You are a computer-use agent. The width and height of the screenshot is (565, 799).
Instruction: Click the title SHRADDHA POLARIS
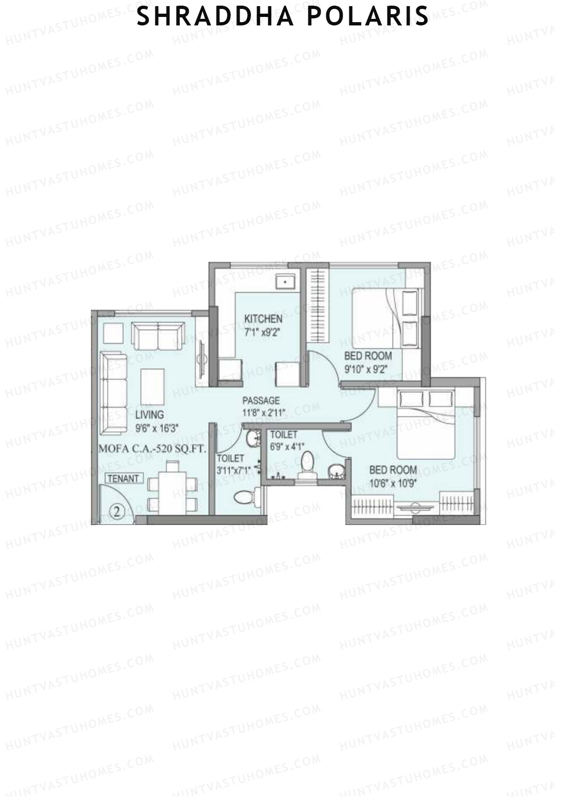click(x=282, y=16)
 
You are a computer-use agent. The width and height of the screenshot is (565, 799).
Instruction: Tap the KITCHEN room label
click(x=263, y=319)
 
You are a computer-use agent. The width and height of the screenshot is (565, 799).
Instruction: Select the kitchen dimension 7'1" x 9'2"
click(x=262, y=332)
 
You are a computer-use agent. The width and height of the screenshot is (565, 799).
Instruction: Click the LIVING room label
click(x=149, y=415)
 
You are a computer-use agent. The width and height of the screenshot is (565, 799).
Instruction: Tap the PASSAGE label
click(x=261, y=401)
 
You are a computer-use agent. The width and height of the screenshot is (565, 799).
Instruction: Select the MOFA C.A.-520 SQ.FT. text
click(x=153, y=449)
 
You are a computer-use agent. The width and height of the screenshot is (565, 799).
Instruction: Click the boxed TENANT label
click(x=124, y=478)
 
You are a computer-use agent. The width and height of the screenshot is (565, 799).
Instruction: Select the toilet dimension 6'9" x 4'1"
click(x=287, y=446)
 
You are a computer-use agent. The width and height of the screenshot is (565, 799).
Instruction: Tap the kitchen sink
click(x=285, y=282)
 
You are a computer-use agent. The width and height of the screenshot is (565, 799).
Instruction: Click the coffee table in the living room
click(x=153, y=386)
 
